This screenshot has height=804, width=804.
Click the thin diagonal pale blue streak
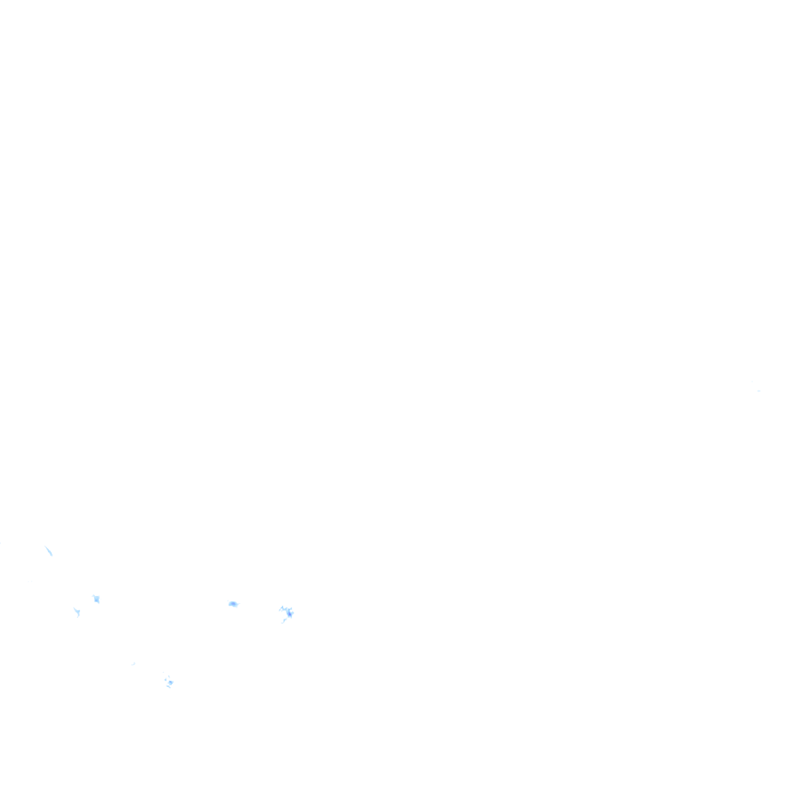[49, 551]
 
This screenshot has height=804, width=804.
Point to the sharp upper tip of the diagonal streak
[46, 546]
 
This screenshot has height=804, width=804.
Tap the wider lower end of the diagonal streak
[51, 555]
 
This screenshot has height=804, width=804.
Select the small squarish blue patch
[96, 599]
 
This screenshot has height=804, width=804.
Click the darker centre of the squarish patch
[97, 600]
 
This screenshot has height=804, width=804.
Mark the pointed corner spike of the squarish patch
[93, 596]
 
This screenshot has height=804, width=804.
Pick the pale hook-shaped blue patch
[76, 611]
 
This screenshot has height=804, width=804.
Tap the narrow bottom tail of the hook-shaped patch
[78, 616]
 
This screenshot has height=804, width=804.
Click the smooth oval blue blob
[233, 604]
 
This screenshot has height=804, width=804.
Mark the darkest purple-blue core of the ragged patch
[290, 613]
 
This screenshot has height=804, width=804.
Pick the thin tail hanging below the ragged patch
[283, 621]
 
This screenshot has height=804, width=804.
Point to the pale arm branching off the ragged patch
[282, 608]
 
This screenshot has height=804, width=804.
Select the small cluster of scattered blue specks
[169, 682]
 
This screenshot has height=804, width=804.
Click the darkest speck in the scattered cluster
[170, 683]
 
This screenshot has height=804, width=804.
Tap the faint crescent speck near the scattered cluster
[133, 663]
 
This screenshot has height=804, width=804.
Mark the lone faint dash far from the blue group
[758, 390]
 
